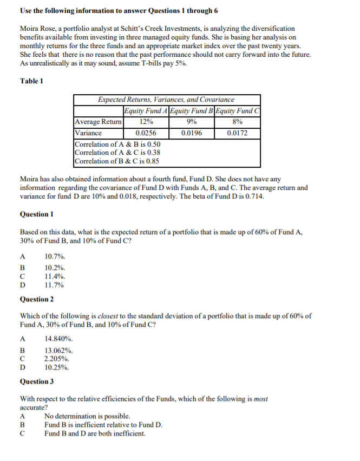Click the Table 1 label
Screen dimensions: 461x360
(x=31, y=81)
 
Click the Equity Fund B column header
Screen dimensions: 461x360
(x=192, y=111)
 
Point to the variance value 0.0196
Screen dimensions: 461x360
(x=192, y=133)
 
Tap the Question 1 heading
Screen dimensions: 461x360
(x=37, y=214)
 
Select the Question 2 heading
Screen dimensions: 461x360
(x=37, y=299)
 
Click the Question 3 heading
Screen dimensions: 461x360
(x=37, y=381)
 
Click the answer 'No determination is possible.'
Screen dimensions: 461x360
(x=87, y=416)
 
